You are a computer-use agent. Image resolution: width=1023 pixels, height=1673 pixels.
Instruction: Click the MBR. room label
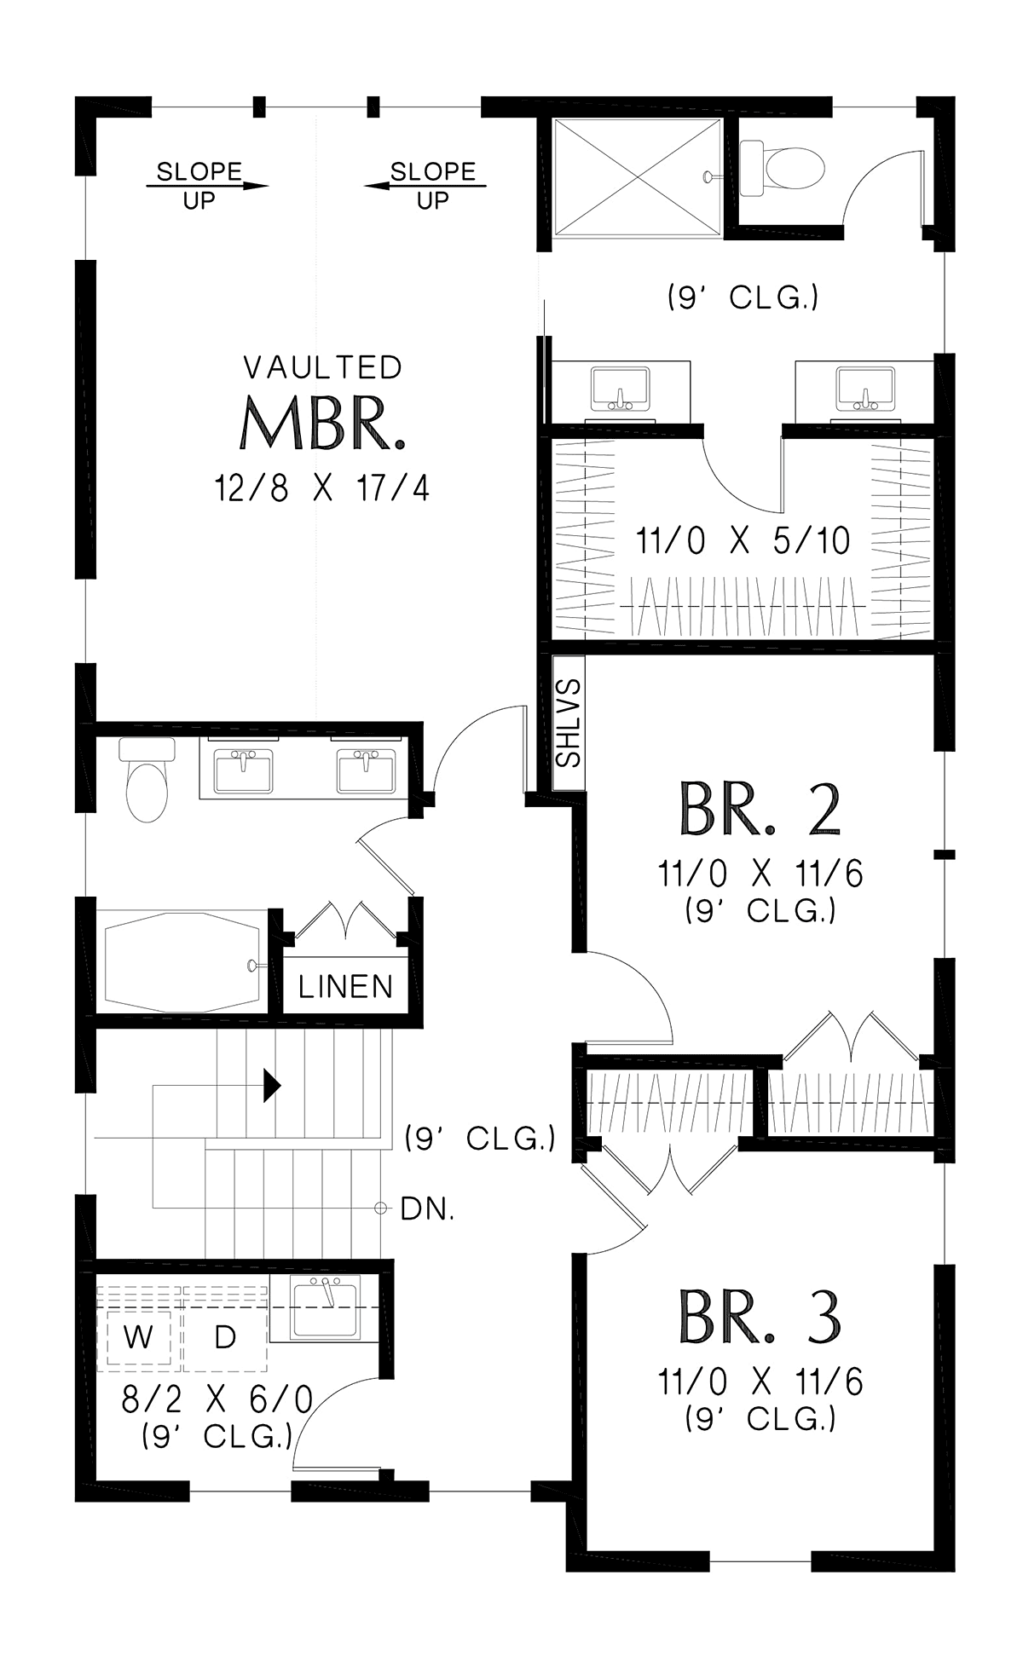click(321, 424)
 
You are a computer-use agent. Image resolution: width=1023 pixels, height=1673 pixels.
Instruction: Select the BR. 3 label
click(760, 1316)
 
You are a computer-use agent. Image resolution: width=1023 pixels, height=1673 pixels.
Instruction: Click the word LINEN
click(345, 987)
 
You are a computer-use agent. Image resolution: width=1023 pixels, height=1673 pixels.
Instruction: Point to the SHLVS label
click(569, 724)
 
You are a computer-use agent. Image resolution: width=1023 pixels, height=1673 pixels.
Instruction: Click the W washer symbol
click(138, 1337)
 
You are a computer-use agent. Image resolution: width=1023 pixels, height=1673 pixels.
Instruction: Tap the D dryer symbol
click(225, 1337)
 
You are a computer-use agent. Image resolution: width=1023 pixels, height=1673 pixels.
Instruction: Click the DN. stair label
click(427, 1209)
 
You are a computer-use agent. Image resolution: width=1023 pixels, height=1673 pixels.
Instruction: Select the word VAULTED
click(322, 367)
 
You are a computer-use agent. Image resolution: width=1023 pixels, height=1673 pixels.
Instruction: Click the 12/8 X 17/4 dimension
click(322, 489)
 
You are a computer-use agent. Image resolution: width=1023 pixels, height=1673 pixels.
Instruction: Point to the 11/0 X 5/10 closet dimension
click(743, 540)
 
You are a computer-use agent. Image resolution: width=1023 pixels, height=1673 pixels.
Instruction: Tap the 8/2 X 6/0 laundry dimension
click(217, 1399)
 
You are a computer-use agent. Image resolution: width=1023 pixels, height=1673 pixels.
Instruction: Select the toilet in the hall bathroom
click(147, 779)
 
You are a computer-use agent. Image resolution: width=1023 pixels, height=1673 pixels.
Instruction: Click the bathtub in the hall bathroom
click(182, 961)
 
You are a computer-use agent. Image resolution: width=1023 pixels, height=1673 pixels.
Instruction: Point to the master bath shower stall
click(638, 175)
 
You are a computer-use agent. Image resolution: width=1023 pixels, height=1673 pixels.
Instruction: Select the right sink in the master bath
click(864, 389)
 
